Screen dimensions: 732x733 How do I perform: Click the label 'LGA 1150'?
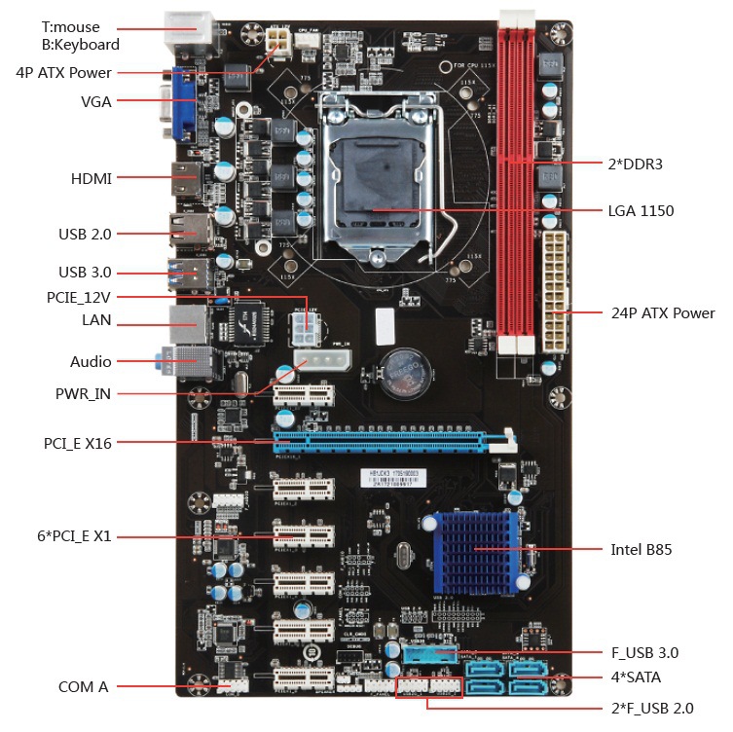[641, 210]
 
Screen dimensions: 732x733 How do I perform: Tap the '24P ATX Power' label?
[663, 312]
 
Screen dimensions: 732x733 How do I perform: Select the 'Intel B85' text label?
[641, 549]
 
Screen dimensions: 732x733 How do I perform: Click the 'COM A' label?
[84, 686]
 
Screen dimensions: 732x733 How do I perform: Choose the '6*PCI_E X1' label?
[77, 535]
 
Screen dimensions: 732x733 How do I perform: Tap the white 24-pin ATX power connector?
[556, 293]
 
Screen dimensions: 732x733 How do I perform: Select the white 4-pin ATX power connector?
[276, 40]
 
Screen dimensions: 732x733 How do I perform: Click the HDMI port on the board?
[185, 179]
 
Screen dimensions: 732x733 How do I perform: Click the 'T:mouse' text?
[70, 27]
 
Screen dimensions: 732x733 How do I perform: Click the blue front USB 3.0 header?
[428, 653]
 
